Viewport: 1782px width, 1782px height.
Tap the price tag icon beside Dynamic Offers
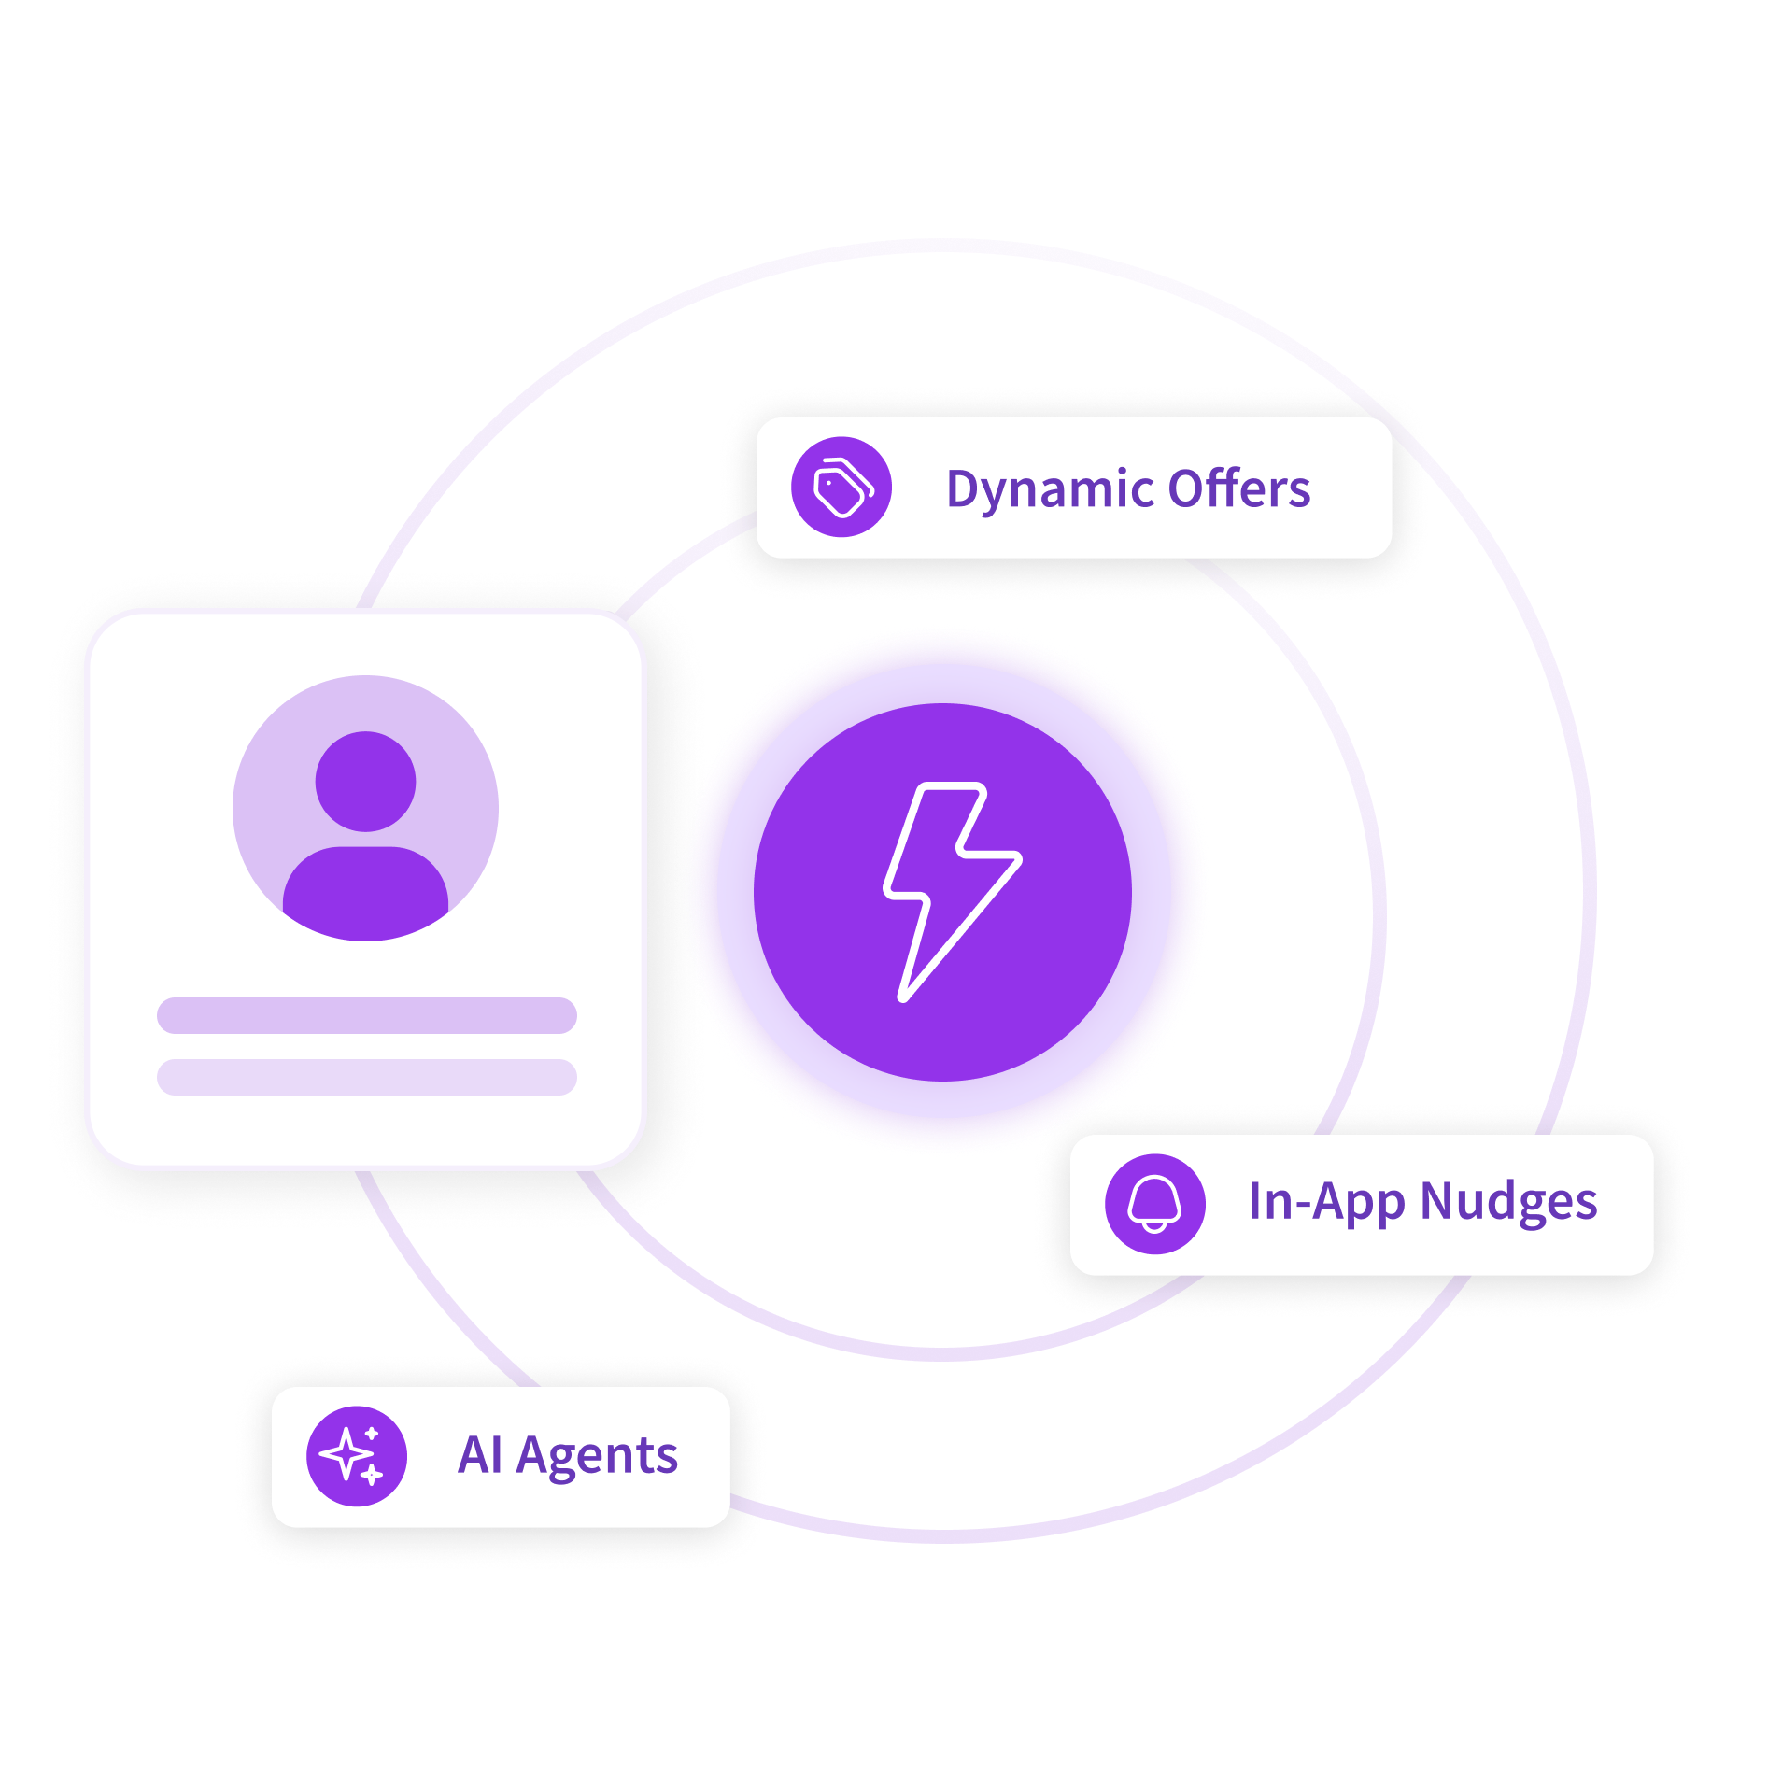tap(841, 487)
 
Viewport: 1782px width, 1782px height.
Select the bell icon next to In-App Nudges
tap(1154, 1204)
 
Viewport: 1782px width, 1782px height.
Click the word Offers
tap(1239, 488)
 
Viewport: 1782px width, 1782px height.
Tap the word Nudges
tap(1508, 1202)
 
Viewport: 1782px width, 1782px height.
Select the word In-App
tap(1326, 1203)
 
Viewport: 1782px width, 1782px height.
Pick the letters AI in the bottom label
tap(480, 1454)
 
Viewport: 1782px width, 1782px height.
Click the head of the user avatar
tap(365, 781)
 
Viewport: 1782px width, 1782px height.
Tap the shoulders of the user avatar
tap(365, 893)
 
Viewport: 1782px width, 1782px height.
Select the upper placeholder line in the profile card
tap(367, 1015)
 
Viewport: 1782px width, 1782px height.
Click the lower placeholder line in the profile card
tap(367, 1077)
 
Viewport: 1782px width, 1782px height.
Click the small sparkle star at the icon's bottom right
tap(372, 1475)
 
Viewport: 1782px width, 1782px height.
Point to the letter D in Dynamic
tap(965, 488)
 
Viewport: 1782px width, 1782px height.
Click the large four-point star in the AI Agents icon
tap(346, 1453)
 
